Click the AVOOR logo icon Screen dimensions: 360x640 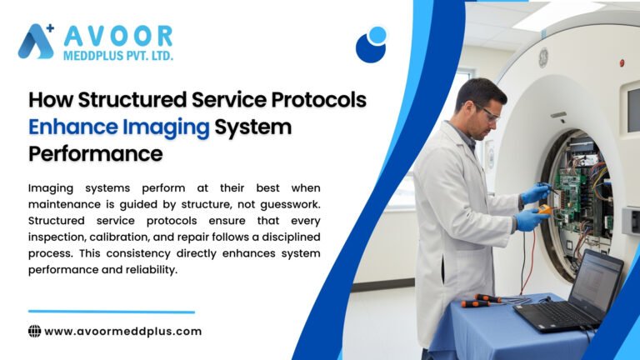click(x=37, y=41)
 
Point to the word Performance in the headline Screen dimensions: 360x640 click(x=96, y=154)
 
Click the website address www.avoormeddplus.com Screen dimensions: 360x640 click(x=122, y=331)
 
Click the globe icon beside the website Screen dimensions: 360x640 click(x=35, y=331)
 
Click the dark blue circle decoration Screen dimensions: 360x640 click(x=370, y=47)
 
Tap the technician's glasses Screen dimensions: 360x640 click(x=488, y=113)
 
